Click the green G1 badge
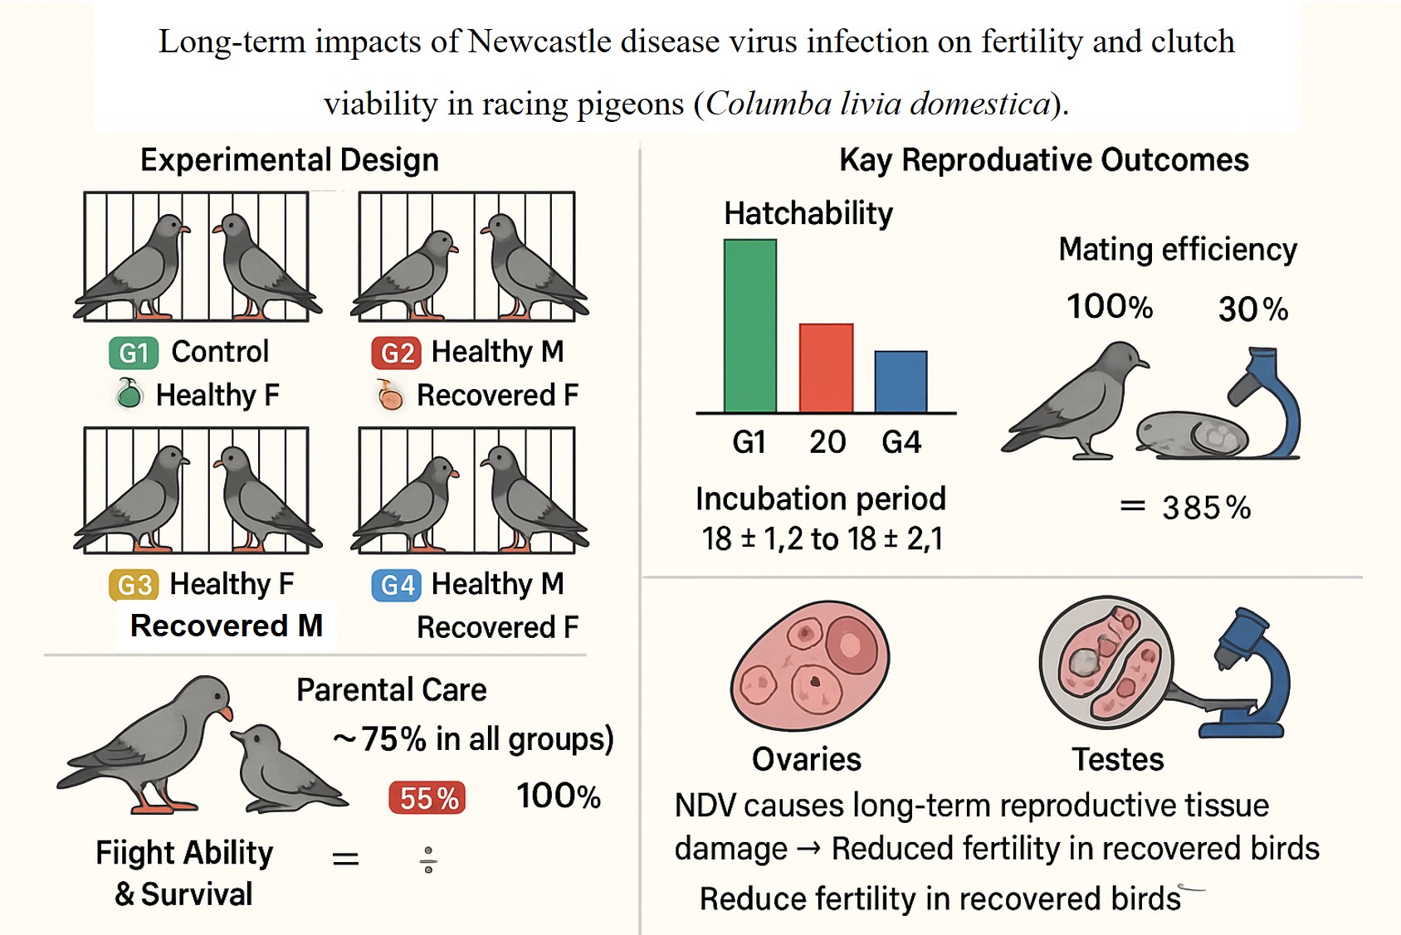[133, 353]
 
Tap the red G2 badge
[396, 353]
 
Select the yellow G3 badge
[133, 585]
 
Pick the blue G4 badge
[396, 586]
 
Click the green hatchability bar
[750, 326]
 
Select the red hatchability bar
[826, 368]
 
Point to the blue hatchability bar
[901, 382]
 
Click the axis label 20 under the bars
[827, 442]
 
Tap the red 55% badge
[427, 798]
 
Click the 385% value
[1206, 508]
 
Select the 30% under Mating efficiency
[1252, 309]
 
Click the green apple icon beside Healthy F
[129, 393]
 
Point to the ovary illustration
[809, 665]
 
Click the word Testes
[1117, 759]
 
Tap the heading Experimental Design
[289, 159]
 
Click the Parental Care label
[391, 689]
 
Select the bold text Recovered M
[226, 626]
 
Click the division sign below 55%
[428, 860]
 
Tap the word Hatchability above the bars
[808, 213]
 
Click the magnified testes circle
[1106, 662]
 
